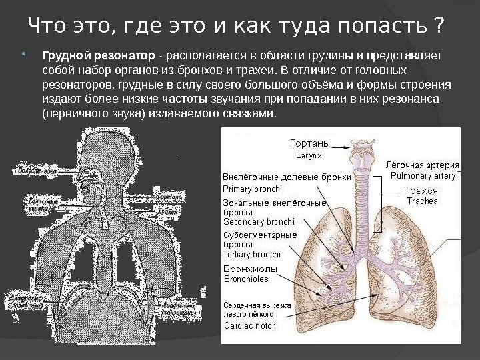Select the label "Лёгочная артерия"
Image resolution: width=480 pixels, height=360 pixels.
pyautogui.click(x=423, y=165)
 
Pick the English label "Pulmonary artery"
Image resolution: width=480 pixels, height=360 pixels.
pyautogui.click(x=423, y=176)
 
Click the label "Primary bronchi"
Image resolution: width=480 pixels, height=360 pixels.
pyautogui.click(x=253, y=189)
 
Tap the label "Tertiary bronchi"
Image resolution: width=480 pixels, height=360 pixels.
pyautogui.click(x=251, y=254)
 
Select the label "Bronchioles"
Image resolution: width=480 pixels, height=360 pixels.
pyautogui.click(x=245, y=279)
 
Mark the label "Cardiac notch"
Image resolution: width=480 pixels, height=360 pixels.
pyautogui.click(x=249, y=326)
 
